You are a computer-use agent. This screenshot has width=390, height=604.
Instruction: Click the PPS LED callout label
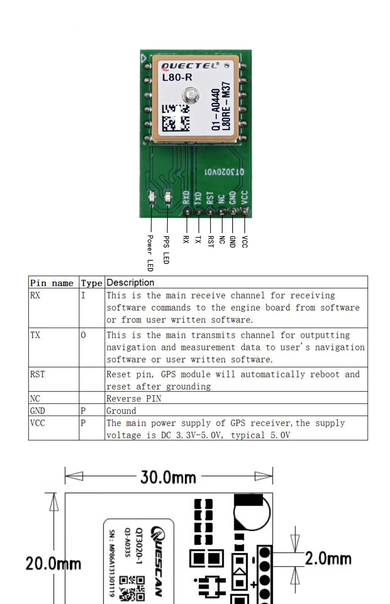[x=166, y=250]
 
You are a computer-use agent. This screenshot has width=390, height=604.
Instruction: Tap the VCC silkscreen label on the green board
[x=244, y=198]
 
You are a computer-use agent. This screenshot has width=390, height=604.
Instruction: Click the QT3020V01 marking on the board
[x=224, y=172]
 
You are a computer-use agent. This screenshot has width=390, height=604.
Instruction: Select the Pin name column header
[x=52, y=283]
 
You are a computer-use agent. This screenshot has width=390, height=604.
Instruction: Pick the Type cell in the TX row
[x=83, y=335]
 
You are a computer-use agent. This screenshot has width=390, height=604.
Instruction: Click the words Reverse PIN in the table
[x=134, y=399]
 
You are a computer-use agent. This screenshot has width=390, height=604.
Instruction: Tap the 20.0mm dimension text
[x=53, y=564]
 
